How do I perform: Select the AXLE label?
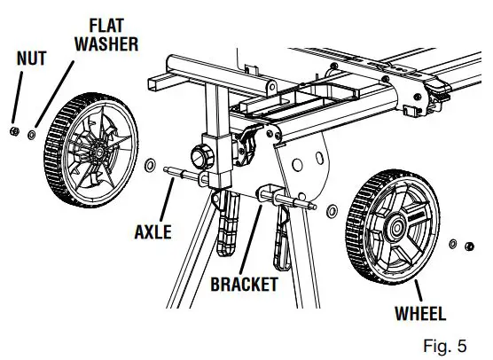click(153, 233)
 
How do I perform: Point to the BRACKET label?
click(244, 285)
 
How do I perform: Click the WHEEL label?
click(419, 313)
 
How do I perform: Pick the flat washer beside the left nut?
click(33, 135)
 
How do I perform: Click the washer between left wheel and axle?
click(149, 165)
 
